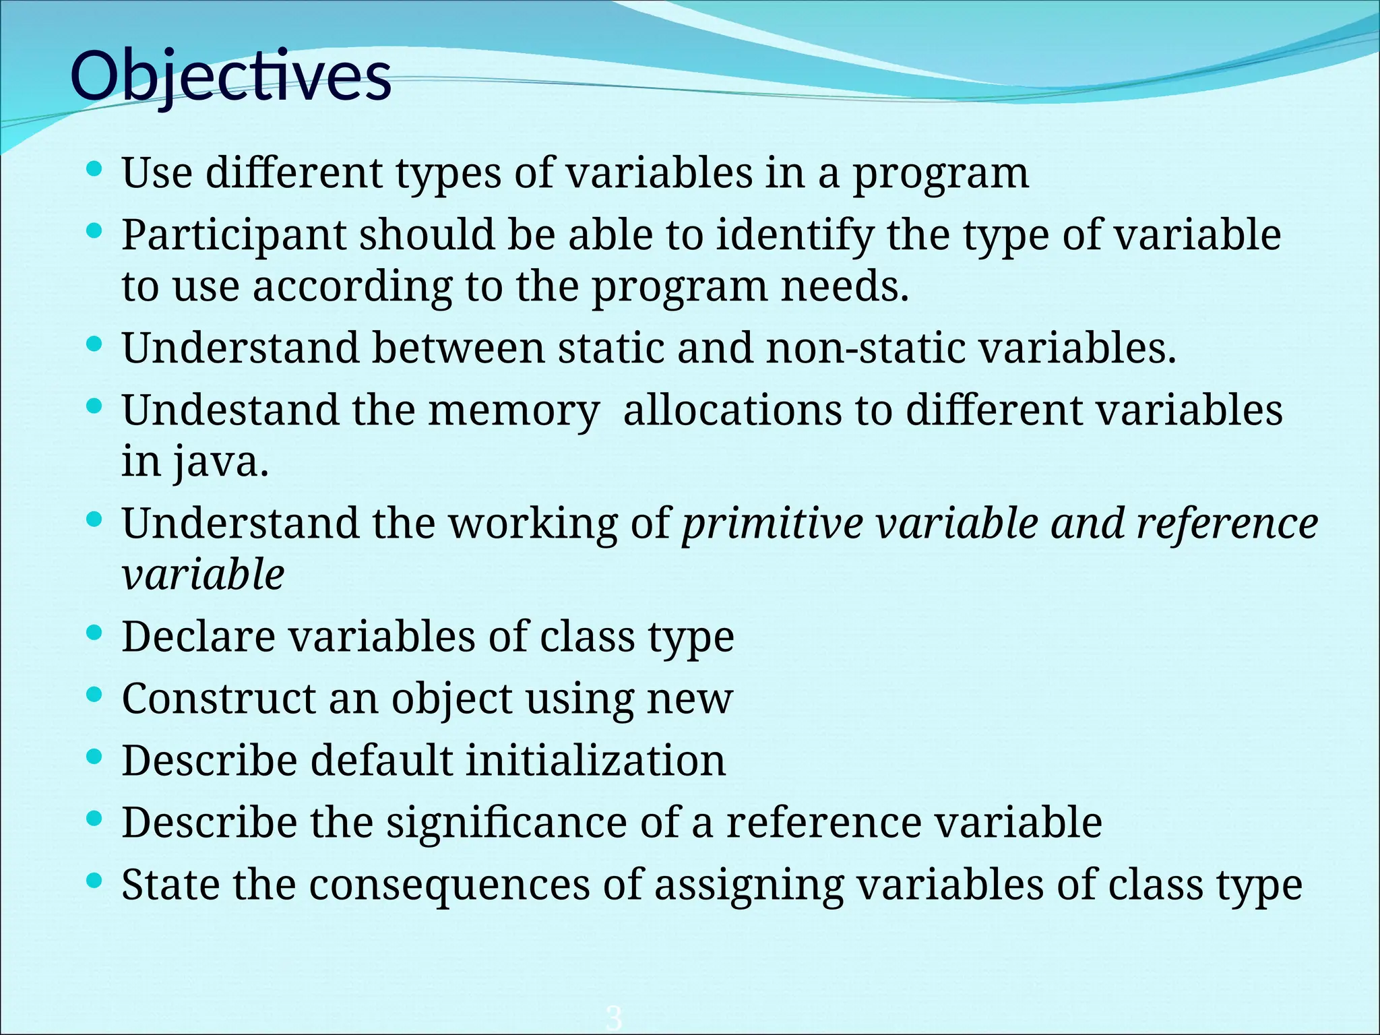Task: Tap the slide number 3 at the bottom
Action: click(613, 1017)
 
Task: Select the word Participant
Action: click(233, 236)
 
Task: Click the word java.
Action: click(221, 463)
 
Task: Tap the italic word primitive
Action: click(772, 524)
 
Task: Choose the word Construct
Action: click(218, 699)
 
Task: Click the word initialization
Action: click(596, 761)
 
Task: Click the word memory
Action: click(513, 411)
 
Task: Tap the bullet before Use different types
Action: click(95, 168)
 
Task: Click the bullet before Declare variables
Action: click(95, 632)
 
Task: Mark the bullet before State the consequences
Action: click(95, 880)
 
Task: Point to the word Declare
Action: click(199, 637)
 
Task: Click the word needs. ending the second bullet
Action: click(845, 287)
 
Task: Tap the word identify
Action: click(794, 236)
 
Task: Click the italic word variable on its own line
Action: click(203, 575)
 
